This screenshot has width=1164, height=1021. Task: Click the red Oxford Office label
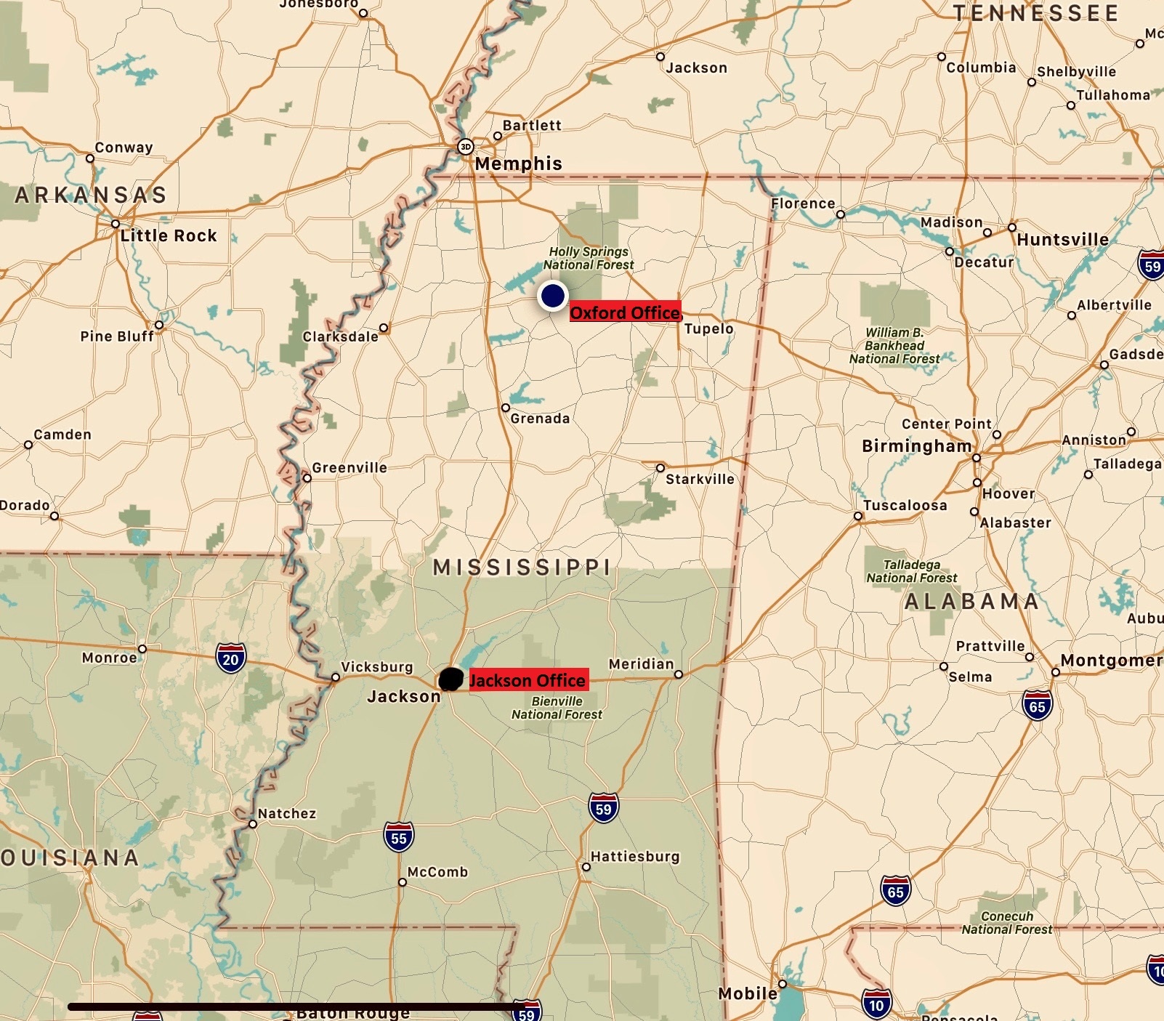point(625,312)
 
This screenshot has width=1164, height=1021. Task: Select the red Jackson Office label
point(528,680)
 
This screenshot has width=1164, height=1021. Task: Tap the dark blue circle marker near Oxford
point(553,296)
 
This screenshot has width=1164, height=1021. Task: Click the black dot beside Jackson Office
point(451,679)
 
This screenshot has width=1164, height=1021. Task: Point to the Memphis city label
point(518,164)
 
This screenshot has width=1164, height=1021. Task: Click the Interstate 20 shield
point(230,658)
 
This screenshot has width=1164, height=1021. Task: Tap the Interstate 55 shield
point(399,837)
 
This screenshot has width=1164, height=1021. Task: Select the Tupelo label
point(708,328)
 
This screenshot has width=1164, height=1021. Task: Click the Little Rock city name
point(169,235)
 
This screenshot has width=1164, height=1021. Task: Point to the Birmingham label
point(916,445)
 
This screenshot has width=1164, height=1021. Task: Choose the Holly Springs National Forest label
point(589,258)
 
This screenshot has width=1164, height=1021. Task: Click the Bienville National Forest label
point(557,708)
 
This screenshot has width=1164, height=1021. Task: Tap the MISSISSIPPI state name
point(522,568)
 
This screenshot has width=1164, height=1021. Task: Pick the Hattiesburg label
point(635,857)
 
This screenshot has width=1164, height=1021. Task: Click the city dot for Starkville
point(660,468)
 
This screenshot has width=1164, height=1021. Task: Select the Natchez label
point(287,814)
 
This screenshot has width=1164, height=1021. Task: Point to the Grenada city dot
point(506,408)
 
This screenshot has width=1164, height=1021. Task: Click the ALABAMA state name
point(971,602)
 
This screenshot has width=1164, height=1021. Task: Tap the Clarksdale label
point(340,336)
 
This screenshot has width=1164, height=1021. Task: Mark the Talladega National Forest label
point(912,571)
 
